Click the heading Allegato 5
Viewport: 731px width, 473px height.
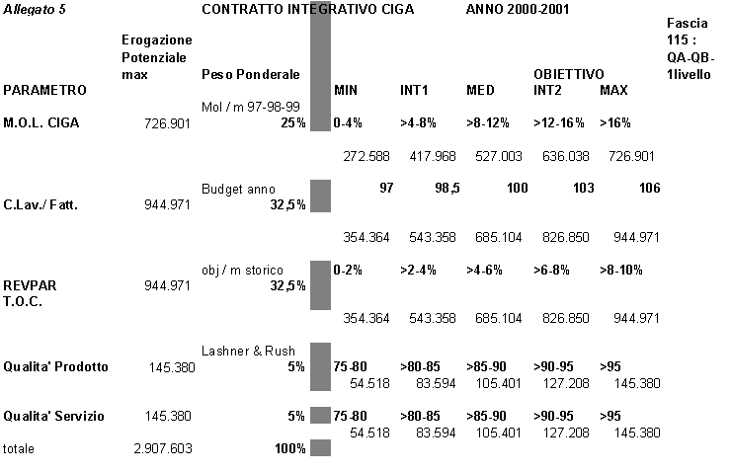34,9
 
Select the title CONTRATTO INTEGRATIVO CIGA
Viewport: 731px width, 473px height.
307,9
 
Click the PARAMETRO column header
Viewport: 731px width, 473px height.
44,91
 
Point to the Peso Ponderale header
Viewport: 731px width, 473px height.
250,74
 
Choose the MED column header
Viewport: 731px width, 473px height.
480,91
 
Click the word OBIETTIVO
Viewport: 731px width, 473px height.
569,74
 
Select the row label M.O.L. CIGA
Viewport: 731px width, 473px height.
41,123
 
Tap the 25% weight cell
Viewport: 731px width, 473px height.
291,123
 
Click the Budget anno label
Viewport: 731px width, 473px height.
238,189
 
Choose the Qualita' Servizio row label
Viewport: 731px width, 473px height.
54,416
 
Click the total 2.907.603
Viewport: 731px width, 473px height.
162,448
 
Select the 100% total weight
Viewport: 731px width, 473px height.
288,448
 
